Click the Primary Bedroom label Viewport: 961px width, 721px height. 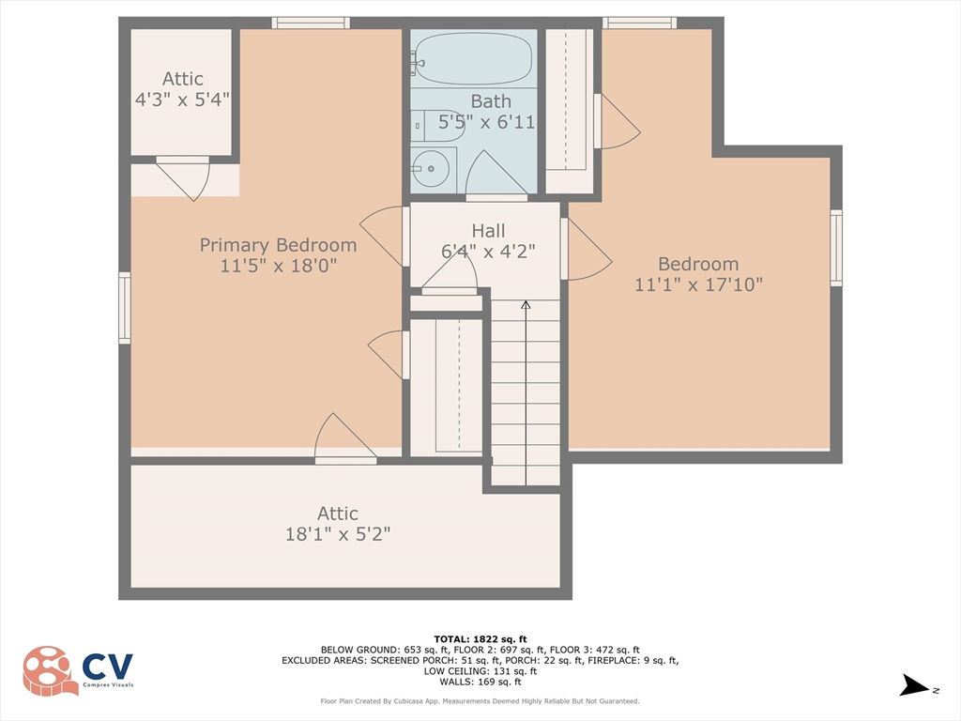(x=278, y=245)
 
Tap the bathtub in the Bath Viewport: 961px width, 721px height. (x=473, y=58)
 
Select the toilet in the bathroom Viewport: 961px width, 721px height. (x=438, y=126)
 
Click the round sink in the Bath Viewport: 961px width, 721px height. (x=431, y=168)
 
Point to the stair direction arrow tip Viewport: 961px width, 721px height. (x=526, y=301)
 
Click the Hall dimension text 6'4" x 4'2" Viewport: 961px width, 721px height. (x=488, y=252)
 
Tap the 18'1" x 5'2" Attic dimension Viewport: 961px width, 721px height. (x=338, y=534)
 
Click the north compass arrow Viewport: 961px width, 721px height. (x=914, y=685)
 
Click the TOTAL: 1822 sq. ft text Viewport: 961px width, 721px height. (x=480, y=638)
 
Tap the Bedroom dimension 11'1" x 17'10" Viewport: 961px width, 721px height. (x=698, y=284)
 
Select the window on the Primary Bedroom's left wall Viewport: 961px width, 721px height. (x=125, y=308)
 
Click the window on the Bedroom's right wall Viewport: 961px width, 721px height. (x=836, y=248)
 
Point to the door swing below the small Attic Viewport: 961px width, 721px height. (x=183, y=178)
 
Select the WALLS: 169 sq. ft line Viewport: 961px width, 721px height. (x=480, y=682)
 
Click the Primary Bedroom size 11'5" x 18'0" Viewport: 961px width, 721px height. (x=278, y=266)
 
